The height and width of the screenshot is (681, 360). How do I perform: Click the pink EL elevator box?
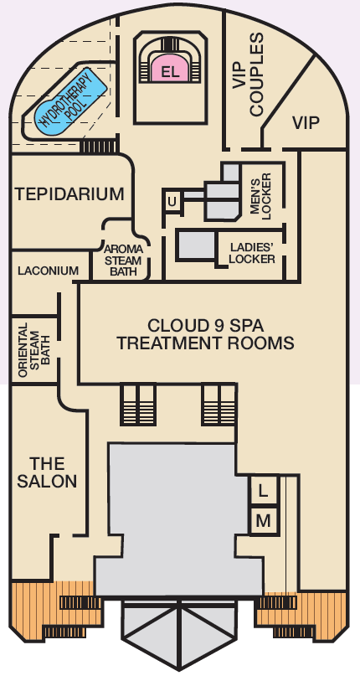tap(170, 71)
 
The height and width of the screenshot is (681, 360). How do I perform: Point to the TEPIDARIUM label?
tap(69, 193)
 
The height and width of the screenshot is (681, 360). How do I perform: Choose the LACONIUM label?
tap(49, 271)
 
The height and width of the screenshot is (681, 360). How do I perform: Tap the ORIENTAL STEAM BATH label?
tap(35, 349)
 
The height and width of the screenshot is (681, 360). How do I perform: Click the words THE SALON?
tap(47, 472)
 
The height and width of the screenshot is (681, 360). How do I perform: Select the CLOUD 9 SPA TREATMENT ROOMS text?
tap(205, 334)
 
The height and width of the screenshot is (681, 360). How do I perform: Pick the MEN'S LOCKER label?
tap(261, 196)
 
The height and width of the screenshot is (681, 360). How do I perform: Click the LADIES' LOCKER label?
tap(252, 253)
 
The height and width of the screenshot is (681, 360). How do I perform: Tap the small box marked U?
tap(172, 202)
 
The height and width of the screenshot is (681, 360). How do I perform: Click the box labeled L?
tap(263, 491)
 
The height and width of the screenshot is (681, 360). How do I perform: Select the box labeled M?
tap(263, 521)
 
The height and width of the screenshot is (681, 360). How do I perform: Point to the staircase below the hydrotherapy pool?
tap(99, 146)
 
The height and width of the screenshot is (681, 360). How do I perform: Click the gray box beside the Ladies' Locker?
tap(196, 245)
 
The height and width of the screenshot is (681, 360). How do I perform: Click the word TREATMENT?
tap(170, 343)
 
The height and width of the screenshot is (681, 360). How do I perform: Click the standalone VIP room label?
tap(306, 123)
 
